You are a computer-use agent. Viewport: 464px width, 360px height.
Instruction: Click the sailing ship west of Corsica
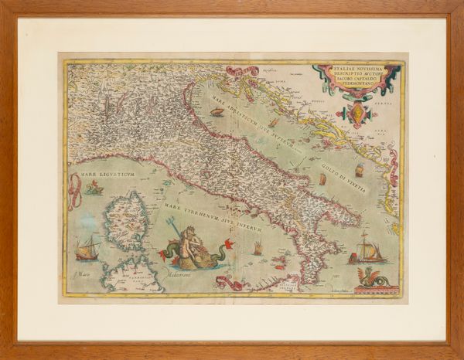(x=87, y=249)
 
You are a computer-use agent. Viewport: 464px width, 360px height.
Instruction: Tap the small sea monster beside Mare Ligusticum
(x=94, y=188)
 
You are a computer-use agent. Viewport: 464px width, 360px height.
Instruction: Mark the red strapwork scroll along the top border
(x=242, y=71)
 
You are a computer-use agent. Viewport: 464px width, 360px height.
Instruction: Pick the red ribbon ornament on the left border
(x=74, y=192)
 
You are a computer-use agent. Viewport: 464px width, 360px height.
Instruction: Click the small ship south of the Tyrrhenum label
(x=258, y=249)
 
